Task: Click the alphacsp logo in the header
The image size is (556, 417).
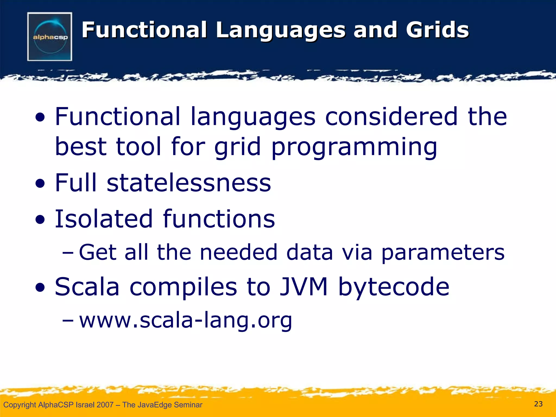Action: point(50,37)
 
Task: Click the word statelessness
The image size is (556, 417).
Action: point(189,183)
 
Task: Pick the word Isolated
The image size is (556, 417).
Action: point(104,219)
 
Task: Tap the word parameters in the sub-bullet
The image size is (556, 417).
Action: point(443,252)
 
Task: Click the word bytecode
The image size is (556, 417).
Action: point(394,287)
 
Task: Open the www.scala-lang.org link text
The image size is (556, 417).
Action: point(185,320)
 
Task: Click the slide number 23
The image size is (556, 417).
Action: point(538,404)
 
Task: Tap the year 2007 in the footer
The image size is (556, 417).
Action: point(105,405)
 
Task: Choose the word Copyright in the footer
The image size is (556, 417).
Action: point(20,405)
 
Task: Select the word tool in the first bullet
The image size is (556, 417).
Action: point(138,147)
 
